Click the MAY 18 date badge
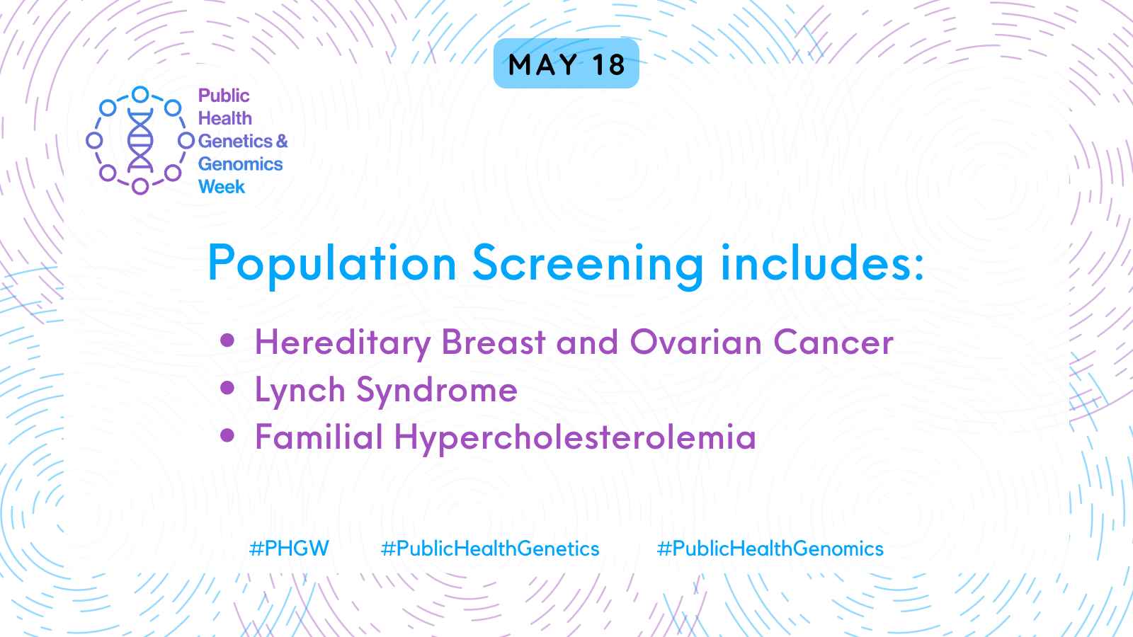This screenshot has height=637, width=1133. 566,64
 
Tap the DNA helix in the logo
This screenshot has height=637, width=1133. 140,140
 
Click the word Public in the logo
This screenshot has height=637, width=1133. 224,96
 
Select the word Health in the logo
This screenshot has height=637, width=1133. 225,118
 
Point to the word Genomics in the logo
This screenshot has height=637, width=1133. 240,164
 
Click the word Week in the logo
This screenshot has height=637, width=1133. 222,187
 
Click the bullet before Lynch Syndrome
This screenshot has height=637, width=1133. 227,388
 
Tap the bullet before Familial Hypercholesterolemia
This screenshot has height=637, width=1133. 227,435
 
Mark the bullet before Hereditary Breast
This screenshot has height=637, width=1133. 227,340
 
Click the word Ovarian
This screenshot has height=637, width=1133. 696,342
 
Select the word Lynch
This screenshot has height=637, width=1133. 300,390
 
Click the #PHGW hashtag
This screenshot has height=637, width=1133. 290,549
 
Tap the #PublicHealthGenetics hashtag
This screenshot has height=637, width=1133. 490,549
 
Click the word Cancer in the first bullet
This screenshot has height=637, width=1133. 833,343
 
